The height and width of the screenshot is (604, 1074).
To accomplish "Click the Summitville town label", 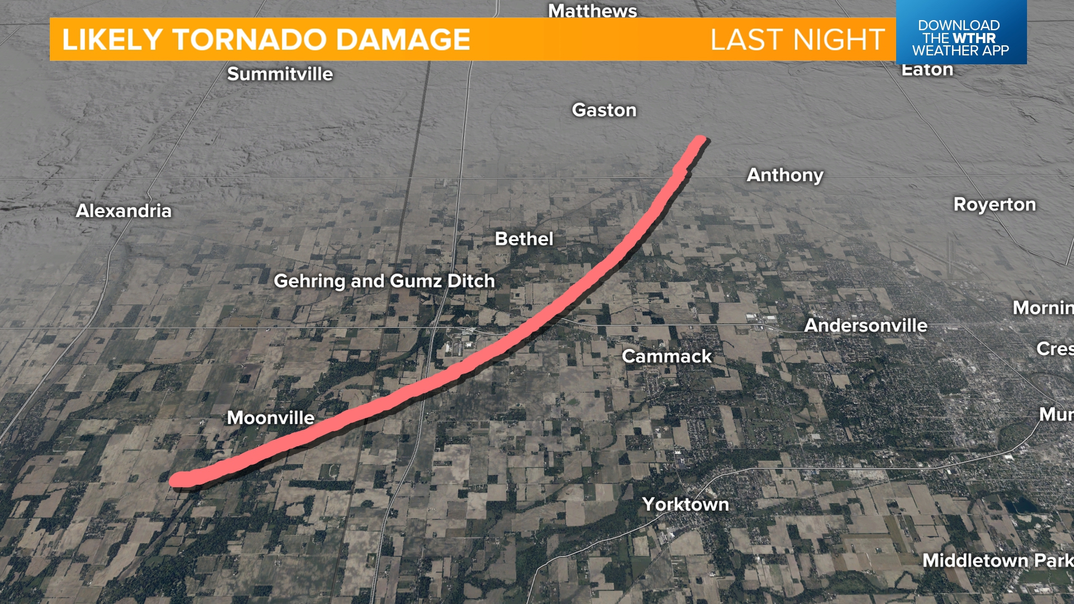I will point(280,74).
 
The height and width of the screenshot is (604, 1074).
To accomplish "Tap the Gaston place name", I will point(604,110).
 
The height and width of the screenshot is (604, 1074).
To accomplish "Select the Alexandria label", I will point(124,211).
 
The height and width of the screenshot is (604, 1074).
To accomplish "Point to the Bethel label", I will point(524,239).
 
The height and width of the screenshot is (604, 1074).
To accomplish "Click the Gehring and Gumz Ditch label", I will point(384,281).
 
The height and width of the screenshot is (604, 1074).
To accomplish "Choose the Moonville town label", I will point(270,418).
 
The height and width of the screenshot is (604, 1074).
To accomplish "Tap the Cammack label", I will point(666,356).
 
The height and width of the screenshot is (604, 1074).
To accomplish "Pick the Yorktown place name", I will point(685,504).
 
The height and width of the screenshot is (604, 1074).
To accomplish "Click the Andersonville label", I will point(865,325).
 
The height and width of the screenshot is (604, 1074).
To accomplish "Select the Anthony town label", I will point(785,175).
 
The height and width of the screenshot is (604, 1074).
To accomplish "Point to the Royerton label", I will point(994,205).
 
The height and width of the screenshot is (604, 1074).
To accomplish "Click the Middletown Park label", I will point(997,560).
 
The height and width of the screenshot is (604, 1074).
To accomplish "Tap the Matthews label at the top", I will point(592,11).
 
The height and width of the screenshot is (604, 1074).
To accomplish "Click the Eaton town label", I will point(927,70).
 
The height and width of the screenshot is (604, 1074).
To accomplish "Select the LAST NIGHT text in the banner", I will point(797,40).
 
